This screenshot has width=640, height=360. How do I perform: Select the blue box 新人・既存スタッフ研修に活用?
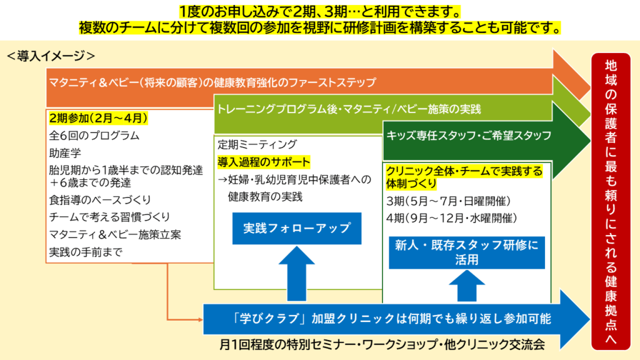pyautogui.click(x=467, y=252)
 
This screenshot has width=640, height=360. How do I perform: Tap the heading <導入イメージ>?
pyautogui.click(x=51, y=56)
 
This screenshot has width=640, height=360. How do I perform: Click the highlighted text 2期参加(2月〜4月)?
pyautogui.click(x=98, y=117)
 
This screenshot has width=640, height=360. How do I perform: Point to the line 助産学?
pyautogui.click(x=64, y=152)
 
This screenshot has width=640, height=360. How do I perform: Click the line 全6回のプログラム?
pyautogui.click(x=94, y=135)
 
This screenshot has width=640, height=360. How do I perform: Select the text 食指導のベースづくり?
pyautogui.click(x=100, y=200)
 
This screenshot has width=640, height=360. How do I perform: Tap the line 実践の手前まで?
pyautogui.click(x=86, y=252)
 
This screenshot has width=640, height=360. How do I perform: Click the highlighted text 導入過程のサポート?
pyautogui.click(x=264, y=162)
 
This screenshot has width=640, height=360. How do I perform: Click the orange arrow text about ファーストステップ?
pyautogui.click(x=212, y=82)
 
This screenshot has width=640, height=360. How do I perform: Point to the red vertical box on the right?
pyautogui.click(x=611, y=200)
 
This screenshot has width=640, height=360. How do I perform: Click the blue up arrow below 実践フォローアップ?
pyautogui.click(x=297, y=271)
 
